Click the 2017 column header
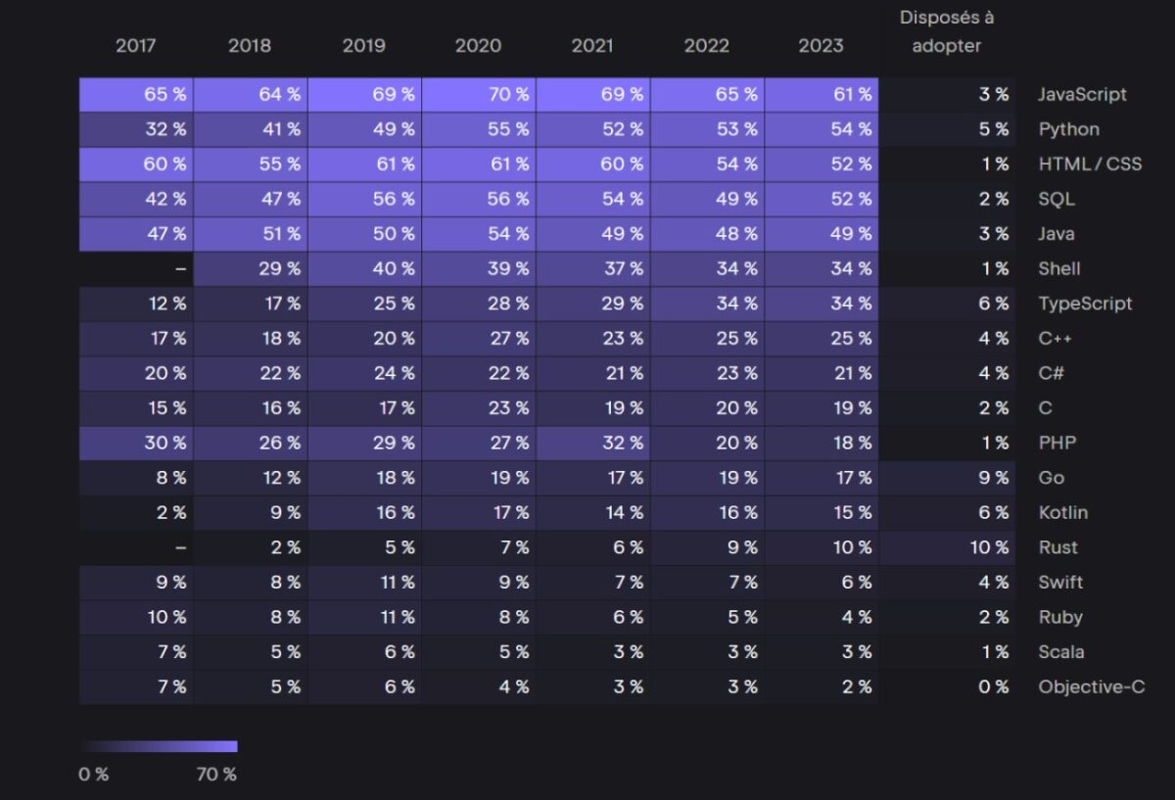(x=135, y=46)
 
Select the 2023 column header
(x=821, y=46)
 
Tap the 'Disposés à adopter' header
(x=946, y=31)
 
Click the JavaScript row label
(x=1082, y=95)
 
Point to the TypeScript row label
(x=1085, y=304)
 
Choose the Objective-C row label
(x=1091, y=687)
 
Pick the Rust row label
(x=1057, y=547)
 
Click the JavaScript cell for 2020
(x=479, y=95)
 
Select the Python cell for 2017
(x=136, y=129)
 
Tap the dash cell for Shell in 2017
(x=136, y=268)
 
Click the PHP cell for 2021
(x=593, y=443)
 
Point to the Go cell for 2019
(x=364, y=478)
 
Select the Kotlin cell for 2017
(x=136, y=512)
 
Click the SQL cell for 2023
(x=822, y=199)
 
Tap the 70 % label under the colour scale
(x=216, y=775)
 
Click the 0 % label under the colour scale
(x=94, y=775)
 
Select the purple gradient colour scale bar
(x=159, y=746)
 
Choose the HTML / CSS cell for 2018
(x=251, y=165)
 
